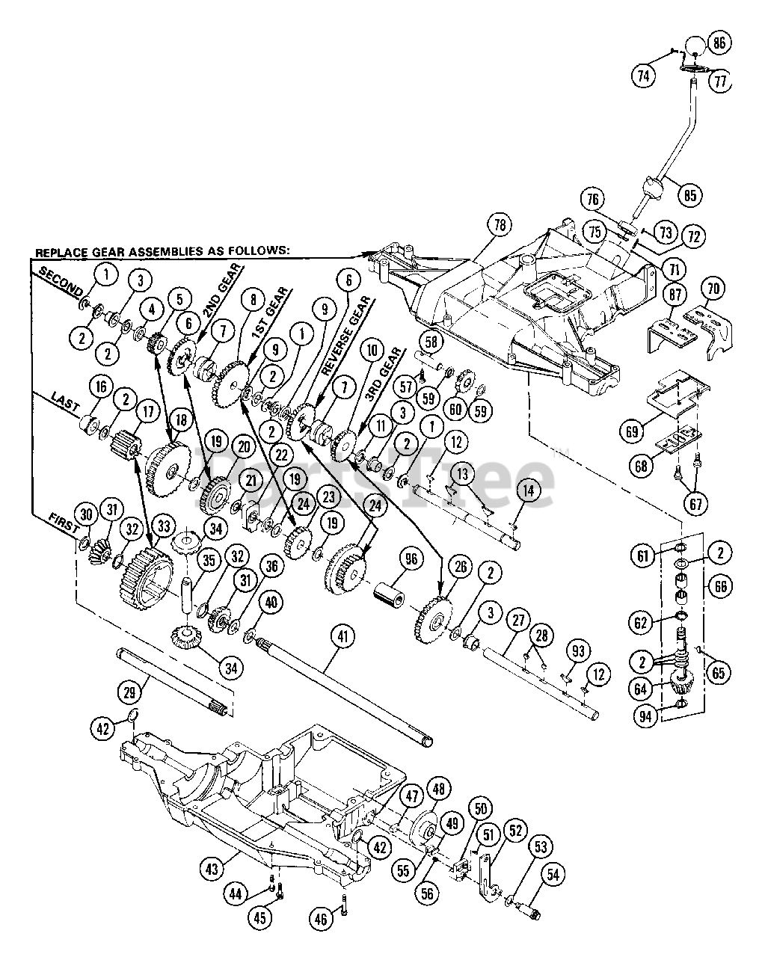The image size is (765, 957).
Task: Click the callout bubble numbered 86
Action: (x=719, y=43)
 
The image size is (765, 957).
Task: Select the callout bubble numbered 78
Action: (x=500, y=225)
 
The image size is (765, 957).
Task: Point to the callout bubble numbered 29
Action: (x=130, y=692)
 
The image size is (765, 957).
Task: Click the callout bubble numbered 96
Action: (x=411, y=559)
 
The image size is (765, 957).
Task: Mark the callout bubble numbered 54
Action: (x=553, y=874)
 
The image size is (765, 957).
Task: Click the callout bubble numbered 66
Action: (x=720, y=586)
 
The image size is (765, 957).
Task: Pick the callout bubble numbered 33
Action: (x=164, y=526)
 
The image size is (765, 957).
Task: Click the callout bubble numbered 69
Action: (x=632, y=431)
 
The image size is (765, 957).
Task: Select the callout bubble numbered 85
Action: (x=689, y=194)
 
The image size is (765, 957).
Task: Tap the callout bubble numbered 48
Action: (x=438, y=789)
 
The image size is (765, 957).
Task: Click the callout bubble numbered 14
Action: (x=528, y=490)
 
